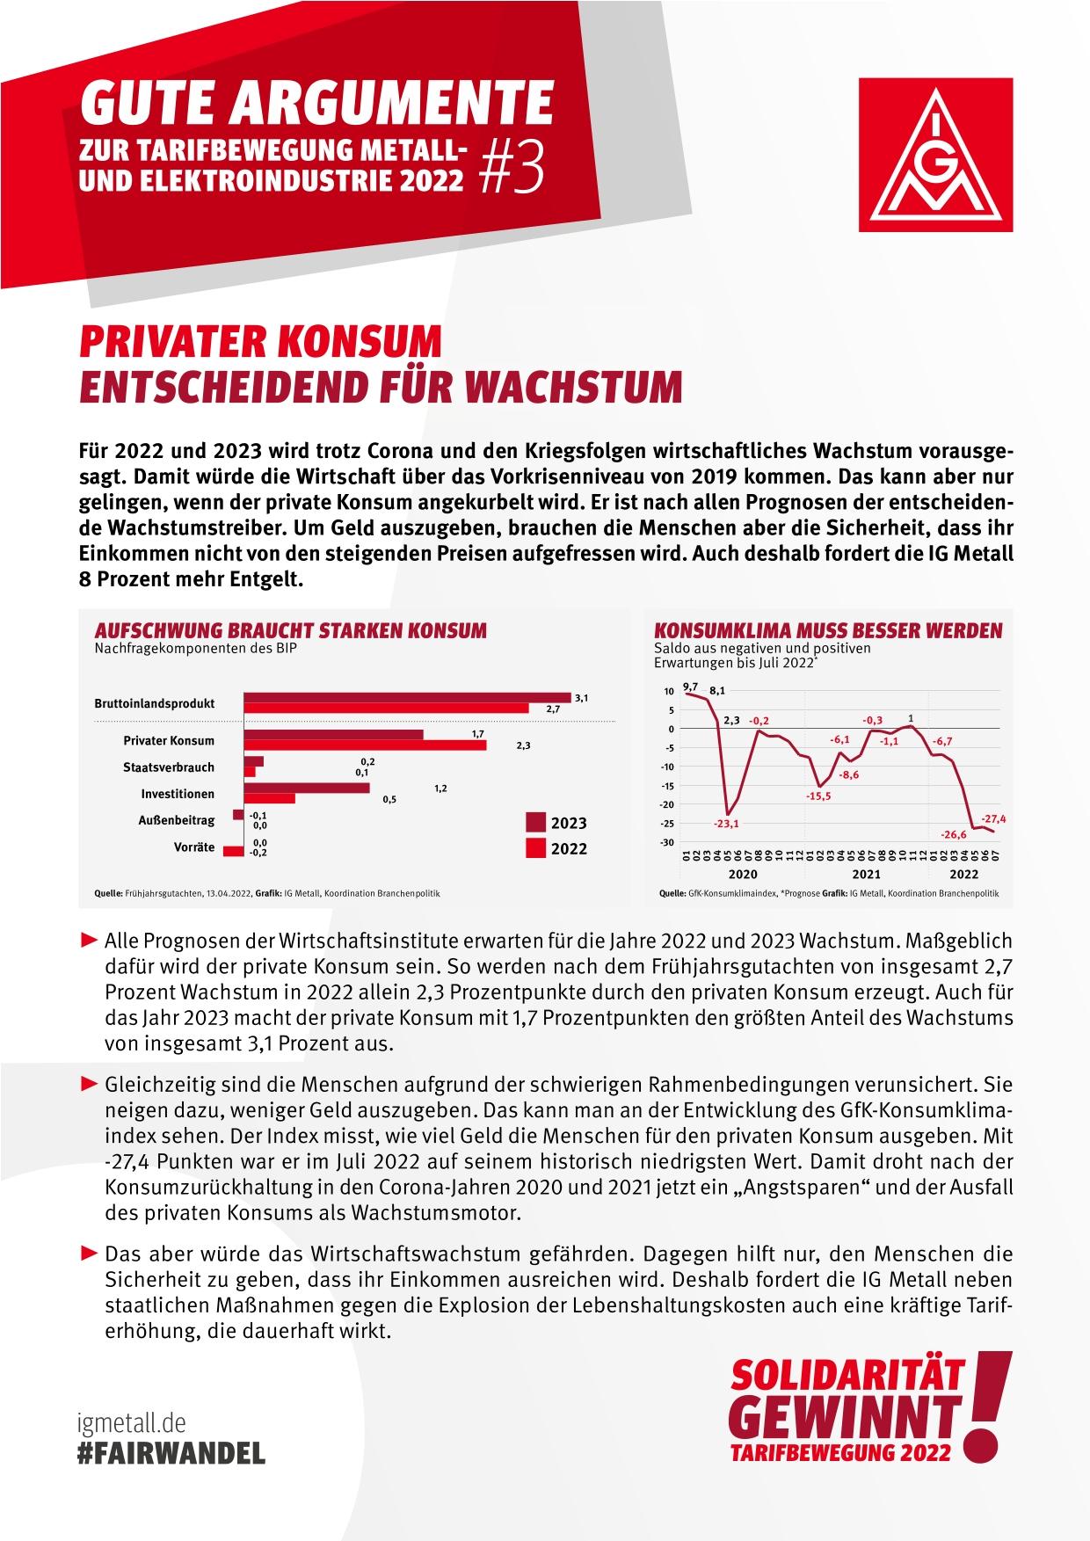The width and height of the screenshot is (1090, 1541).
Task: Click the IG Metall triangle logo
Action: (935, 155)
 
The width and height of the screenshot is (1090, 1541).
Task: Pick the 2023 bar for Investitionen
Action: (307, 789)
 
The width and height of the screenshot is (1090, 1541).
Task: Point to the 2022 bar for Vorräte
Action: (234, 852)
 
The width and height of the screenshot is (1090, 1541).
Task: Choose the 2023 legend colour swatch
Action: (535, 823)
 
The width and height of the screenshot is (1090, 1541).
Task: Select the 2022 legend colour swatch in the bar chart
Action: (535, 848)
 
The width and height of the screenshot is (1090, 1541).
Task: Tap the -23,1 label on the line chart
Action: (725, 824)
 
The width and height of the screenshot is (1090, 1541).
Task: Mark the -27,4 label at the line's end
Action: (993, 818)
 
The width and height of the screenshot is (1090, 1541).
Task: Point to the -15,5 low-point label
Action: (817, 796)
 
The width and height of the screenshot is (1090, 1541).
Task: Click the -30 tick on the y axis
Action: (667, 842)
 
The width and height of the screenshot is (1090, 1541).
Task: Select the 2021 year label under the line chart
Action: (866, 875)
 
